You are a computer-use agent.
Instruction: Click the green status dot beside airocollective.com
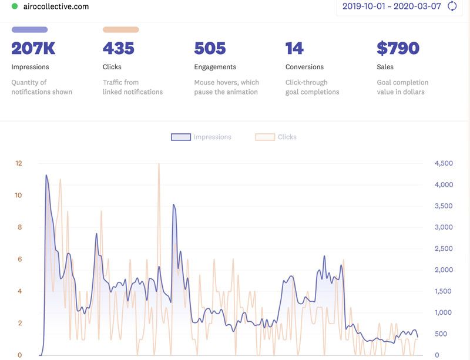[15, 6]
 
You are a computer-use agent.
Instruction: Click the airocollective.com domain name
[56, 6]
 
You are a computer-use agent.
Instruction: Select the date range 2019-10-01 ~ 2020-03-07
[391, 6]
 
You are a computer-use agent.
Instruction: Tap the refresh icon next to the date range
[452, 6]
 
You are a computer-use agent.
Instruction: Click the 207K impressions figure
[33, 48]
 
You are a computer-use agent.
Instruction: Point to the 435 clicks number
[119, 48]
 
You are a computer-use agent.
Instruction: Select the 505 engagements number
[210, 48]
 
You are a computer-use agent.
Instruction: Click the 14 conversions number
[294, 48]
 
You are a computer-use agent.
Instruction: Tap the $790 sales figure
[398, 48]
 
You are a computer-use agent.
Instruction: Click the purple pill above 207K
[29, 29]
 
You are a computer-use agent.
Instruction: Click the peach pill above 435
[120, 29]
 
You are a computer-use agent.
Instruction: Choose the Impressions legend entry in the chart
[202, 137]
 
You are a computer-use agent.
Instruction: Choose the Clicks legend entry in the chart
[276, 137]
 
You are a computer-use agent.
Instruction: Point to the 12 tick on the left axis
[18, 163]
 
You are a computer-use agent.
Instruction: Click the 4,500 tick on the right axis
[444, 163]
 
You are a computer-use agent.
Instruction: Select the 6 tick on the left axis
[19, 259]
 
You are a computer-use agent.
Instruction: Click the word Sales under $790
[385, 67]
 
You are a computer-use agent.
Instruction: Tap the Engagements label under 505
[215, 67]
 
